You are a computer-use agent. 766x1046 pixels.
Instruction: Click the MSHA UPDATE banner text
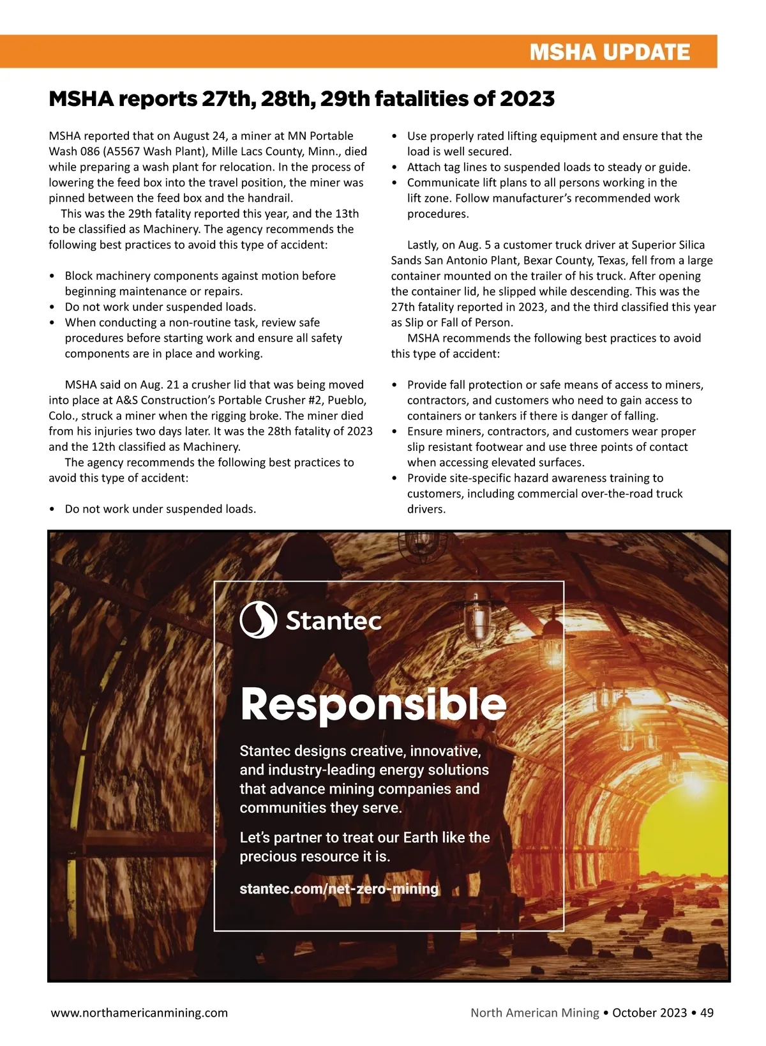(x=610, y=52)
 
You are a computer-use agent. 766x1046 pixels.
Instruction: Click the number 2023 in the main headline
(x=527, y=99)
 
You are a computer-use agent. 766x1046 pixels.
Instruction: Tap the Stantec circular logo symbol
(x=258, y=619)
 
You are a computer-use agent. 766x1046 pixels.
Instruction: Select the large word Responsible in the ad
(x=373, y=704)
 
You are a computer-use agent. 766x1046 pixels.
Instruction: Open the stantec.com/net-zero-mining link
(x=339, y=889)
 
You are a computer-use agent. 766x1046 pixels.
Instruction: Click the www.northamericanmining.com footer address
(x=139, y=1013)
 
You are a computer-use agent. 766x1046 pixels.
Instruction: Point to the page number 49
(x=707, y=1013)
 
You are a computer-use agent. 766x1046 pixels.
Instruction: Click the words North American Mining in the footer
(x=535, y=1013)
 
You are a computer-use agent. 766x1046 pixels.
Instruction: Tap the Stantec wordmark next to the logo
(x=333, y=621)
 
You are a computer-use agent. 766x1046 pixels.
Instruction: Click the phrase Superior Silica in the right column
(x=668, y=245)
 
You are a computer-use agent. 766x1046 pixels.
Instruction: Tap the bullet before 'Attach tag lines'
(x=394, y=167)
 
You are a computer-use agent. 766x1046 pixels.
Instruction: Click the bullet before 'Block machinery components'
(x=52, y=276)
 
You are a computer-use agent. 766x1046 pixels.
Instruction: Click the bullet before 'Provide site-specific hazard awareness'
(x=394, y=478)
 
